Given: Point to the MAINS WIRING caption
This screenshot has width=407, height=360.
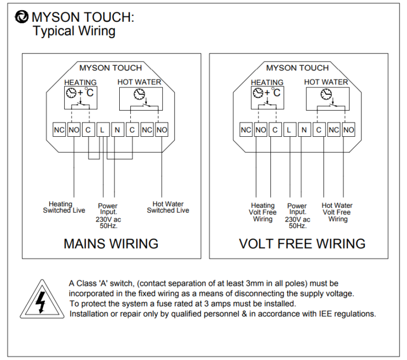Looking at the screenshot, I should pos(111,243).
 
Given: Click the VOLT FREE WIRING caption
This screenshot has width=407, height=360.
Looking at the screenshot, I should pos(302,243).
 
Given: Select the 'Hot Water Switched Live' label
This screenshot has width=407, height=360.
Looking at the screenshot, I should pos(168,207).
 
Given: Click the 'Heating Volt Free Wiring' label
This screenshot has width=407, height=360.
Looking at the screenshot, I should pos(263,212).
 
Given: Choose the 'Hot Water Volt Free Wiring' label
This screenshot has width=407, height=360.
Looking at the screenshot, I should pos(337,212).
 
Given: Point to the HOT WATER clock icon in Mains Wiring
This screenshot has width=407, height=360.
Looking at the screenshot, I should pos(139,94).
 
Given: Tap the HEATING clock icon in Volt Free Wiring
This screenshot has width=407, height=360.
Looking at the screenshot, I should pos(258,93).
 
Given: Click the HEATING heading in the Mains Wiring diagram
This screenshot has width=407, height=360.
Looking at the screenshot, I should pos(81,83).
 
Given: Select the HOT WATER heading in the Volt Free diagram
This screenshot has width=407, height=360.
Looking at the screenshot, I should pos(326,82).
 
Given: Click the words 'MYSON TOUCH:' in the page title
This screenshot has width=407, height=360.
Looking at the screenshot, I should pos(83,17).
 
